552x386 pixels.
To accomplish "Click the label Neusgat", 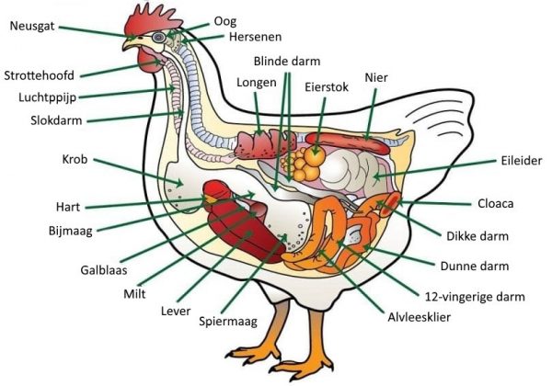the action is pos(32,27).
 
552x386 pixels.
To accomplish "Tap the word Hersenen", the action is pos(255,37).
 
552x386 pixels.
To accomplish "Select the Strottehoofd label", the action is pos(39,75).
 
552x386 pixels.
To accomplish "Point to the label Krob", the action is pos(75,159).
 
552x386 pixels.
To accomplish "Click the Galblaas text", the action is pos(104,270).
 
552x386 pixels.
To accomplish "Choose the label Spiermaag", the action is pos(228,322).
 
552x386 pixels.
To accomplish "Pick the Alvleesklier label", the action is pos(419,317).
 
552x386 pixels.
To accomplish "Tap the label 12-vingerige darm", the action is pos(475,298).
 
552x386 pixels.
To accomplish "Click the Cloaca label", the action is pos(495,203).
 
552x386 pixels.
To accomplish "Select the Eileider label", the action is pos(522,161).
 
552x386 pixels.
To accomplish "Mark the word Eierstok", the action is pos(327,87).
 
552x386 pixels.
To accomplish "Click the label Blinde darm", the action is pos(287,62).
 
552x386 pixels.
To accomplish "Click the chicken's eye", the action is pos(159,37).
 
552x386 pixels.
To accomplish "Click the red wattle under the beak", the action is pos(148,62).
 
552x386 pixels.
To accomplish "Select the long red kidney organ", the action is pos(348,143).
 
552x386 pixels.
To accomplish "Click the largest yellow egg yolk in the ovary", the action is pos(315,156).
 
